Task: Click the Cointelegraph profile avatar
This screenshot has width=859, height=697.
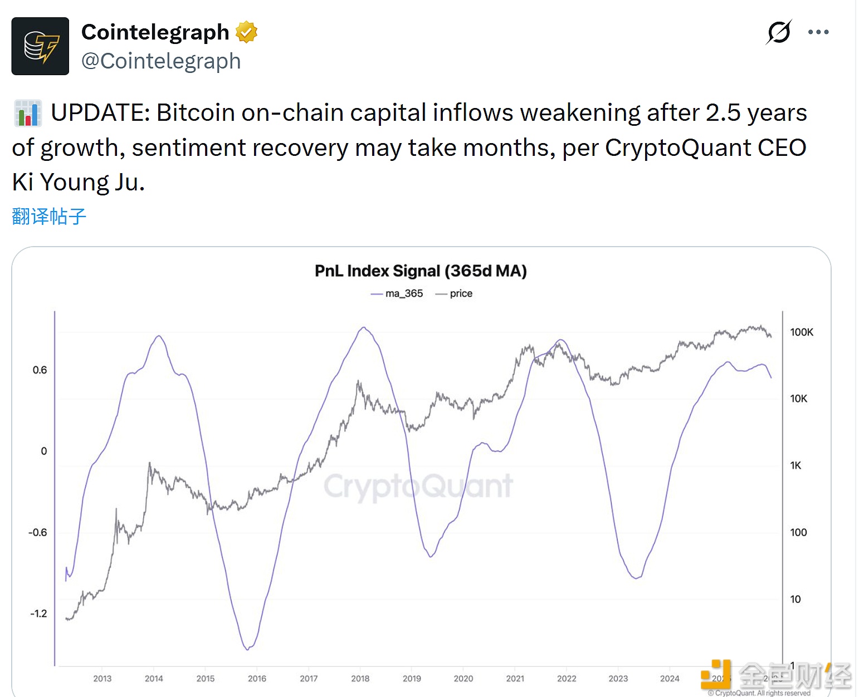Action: [x=40, y=46]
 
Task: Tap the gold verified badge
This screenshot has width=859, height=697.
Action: [x=246, y=32]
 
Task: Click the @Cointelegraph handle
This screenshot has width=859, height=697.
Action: [x=161, y=61]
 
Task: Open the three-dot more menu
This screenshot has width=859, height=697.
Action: [x=818, y=32]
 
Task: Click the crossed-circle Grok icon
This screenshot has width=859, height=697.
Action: [x=779, y=32]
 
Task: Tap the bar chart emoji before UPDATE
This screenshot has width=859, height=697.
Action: [x=27, y=113]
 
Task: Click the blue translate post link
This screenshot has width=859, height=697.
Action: [x=49, y=216]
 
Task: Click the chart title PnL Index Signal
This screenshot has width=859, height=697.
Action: [x=421, y=271]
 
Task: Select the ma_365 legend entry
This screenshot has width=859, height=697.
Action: [x=397, y=293]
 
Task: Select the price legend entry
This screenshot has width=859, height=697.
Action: [x=455, y=293]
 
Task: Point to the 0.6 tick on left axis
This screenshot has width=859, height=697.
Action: [x=40, y=370]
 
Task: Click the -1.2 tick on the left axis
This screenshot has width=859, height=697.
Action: [x=38, y=613]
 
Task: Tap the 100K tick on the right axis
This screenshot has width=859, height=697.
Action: [x=801, y=332]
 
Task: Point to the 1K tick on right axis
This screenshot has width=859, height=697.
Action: [x=795, y=465]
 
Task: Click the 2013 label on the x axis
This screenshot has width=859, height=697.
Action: [x=102, y=679]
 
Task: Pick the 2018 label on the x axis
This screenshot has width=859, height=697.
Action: [x=360, y=679]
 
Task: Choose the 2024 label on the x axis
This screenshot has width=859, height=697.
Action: [x=670, y=679]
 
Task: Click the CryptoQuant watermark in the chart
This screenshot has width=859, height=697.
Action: [x=418, y=486]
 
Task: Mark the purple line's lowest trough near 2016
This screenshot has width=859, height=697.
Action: [x=247, y=649]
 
